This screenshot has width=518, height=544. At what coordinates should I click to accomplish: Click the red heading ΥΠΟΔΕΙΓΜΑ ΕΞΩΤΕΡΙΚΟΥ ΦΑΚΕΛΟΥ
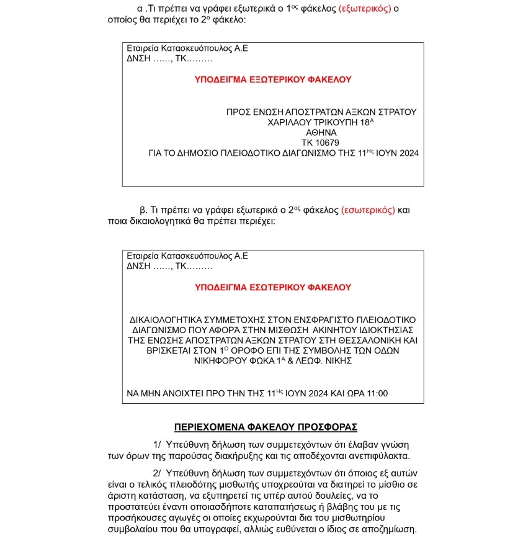[x=273, y=79]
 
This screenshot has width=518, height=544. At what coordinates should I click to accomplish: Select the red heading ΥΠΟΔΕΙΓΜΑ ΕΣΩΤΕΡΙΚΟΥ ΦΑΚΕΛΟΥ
[x=273, y=287]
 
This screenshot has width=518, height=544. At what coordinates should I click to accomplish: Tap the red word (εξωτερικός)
[x=365, y=9]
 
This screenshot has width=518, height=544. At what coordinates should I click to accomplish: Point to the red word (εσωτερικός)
[x=368, y=210]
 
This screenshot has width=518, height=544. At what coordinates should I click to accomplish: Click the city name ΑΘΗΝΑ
[x=321, y=133]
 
